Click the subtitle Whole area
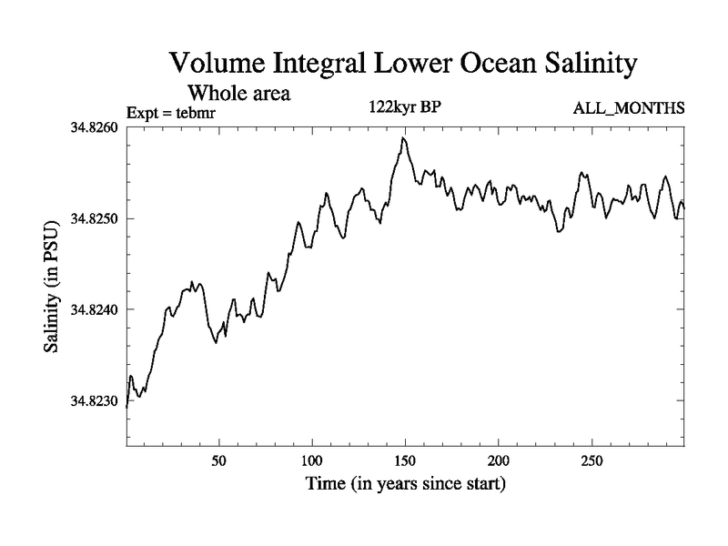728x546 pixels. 238,93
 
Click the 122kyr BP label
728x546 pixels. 403,106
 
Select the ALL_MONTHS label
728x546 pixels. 629,108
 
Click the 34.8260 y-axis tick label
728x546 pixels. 94,127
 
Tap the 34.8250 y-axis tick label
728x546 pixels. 94,218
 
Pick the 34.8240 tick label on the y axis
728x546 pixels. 94,309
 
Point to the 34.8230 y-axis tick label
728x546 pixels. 94,400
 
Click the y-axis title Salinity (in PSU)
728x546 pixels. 53,287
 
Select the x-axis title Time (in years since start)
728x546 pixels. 404,483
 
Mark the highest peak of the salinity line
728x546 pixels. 403,137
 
